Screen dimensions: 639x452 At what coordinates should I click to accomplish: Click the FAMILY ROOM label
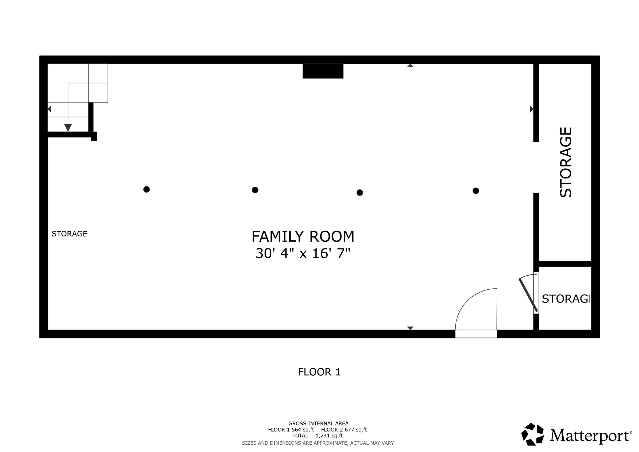click(303, 236)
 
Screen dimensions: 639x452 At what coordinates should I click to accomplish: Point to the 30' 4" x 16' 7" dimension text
click(303, 254)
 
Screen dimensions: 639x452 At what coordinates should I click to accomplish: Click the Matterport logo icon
click(532, 434)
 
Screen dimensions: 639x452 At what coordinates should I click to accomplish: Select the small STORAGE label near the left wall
click(70, 234)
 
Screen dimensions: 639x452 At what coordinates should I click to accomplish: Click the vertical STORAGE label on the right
click(566, 162)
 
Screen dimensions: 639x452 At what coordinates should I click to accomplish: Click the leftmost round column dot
click(147, 189)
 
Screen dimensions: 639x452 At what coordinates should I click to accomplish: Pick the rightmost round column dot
click(476, 191)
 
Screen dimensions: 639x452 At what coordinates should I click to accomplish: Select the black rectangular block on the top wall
click(323, 71)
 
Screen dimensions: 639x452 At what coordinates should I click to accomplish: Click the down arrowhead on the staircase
click(68, 128)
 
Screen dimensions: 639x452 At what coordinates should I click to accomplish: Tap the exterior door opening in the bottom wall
click(476, 334)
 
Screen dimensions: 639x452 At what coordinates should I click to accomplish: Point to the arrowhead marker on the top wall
click(410, 66)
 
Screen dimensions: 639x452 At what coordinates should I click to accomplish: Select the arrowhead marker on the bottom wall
click(410, 328)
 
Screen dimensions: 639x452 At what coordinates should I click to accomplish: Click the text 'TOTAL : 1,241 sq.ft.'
click(318, 436)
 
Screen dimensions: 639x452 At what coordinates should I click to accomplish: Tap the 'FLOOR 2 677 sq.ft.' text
click(345, 430)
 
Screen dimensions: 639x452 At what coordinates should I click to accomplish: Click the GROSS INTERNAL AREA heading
click(318, 423)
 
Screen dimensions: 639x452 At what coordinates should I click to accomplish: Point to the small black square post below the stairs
click(94, 136)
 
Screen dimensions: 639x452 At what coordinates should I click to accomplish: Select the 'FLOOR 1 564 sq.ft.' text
click(292, 430)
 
